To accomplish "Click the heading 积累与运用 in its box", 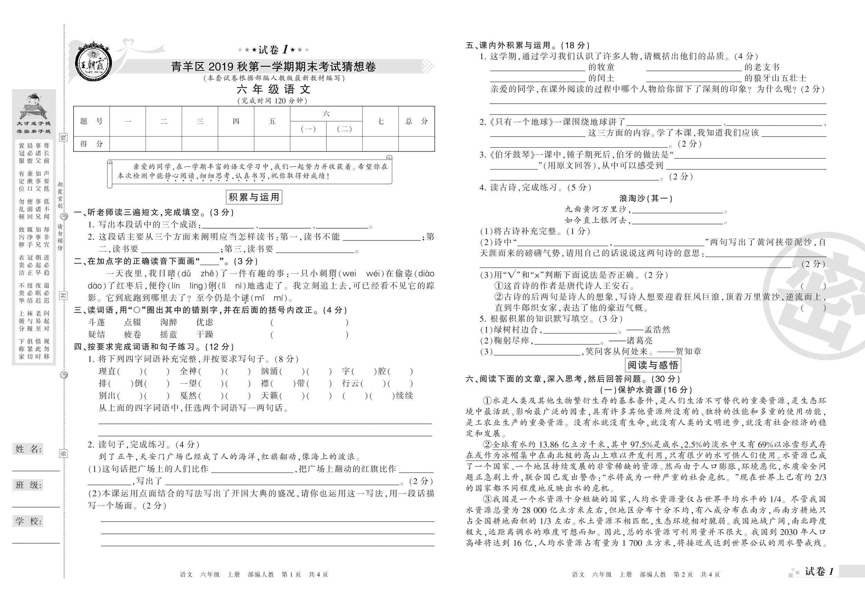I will pyautogui.click(x=254, y=197).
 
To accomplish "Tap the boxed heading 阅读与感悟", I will pyautogui.click(x=653, y=364).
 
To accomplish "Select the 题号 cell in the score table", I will pyautogui.click(x=91, y=121).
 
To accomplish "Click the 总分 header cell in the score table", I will pyautogui.click(x=416, y=121).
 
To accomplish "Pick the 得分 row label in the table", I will pyautogui.click(x=91, y=143).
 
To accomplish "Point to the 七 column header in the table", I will pyautogui.click(x=380, y=121).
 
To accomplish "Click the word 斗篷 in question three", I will pyautogui.click(x=96, y=322).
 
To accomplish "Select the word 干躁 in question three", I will pyautogui.click(x=205, y=334).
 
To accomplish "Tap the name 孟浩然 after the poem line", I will pyautogui.click(x=657, y=330).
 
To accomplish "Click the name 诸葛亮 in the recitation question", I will pyautogui.click(x=639, y=340).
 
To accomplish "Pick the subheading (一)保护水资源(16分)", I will pyautogui.click(x=646, y=390).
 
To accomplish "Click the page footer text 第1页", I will pyautogui.click(x=291, y=574).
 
